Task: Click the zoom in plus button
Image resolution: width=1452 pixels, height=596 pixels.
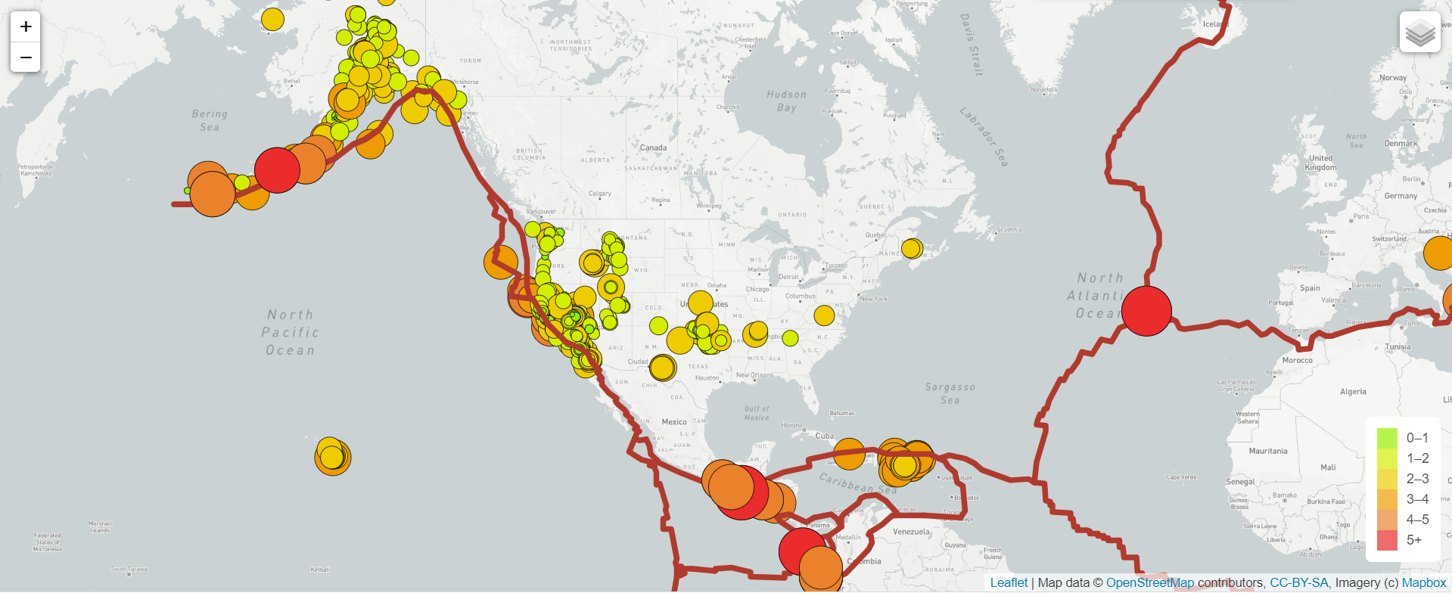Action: coord(26,26)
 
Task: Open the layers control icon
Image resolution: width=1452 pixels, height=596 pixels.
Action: coord(1419,33)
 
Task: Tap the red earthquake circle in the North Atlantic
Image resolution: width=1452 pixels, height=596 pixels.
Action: coord(1146,310)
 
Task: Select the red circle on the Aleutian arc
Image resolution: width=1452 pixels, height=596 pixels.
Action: coord(277,170)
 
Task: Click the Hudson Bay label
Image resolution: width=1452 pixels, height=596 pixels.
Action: coord(787,101)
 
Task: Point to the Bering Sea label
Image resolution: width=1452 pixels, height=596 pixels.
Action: coord(210,120)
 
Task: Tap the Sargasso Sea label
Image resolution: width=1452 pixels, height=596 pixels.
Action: coord(950,393)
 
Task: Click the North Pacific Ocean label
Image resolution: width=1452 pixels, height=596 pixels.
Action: coord(291,333)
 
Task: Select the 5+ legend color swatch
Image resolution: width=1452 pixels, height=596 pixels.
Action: coord(1387,540)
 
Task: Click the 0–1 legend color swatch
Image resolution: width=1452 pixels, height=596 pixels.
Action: coord(1387,438)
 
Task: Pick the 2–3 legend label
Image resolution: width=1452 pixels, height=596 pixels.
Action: coord(1417,479)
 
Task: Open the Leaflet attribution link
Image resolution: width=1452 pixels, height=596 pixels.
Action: coord(1009,582)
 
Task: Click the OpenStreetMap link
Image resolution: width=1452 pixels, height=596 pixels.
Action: coord(1149,582)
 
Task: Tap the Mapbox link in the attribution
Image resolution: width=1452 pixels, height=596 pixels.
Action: coord(1423,582)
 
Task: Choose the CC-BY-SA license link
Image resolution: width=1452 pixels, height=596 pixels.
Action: coord(1298,582)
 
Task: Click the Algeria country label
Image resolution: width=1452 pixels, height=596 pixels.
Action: coord(1353,392)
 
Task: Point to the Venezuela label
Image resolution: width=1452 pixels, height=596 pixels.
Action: coord(911,532)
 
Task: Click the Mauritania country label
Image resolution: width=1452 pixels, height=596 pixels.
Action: coord(1268,451)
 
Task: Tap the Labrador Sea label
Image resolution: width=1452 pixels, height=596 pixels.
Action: coord(984,136)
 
